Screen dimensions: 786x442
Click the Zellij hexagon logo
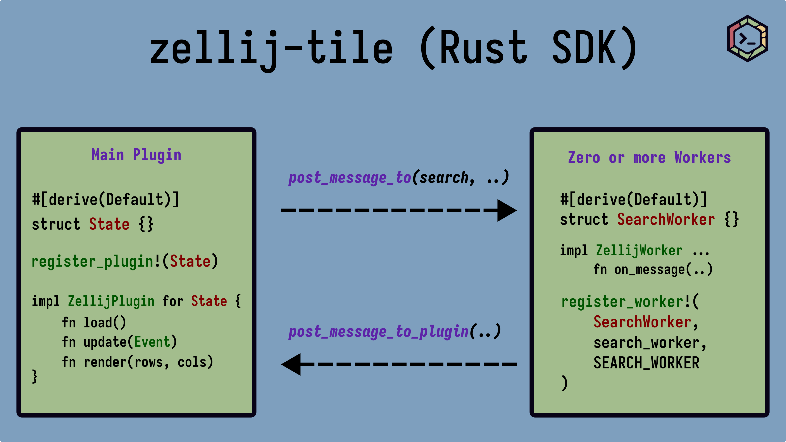(747, 38)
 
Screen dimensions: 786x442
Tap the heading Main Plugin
(136, 155)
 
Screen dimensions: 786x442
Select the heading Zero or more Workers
(649, 157)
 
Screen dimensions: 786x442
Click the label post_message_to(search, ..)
(398, 177)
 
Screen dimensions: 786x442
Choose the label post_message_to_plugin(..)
(395, 331)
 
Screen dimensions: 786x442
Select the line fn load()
(94, 322)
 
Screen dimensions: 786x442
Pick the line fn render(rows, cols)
(138, 362)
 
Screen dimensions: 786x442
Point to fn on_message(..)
(653, 270)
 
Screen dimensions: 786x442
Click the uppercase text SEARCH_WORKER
(646, 363)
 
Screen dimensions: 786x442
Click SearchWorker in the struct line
(666, 219)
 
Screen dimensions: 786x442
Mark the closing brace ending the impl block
(35, 377)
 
